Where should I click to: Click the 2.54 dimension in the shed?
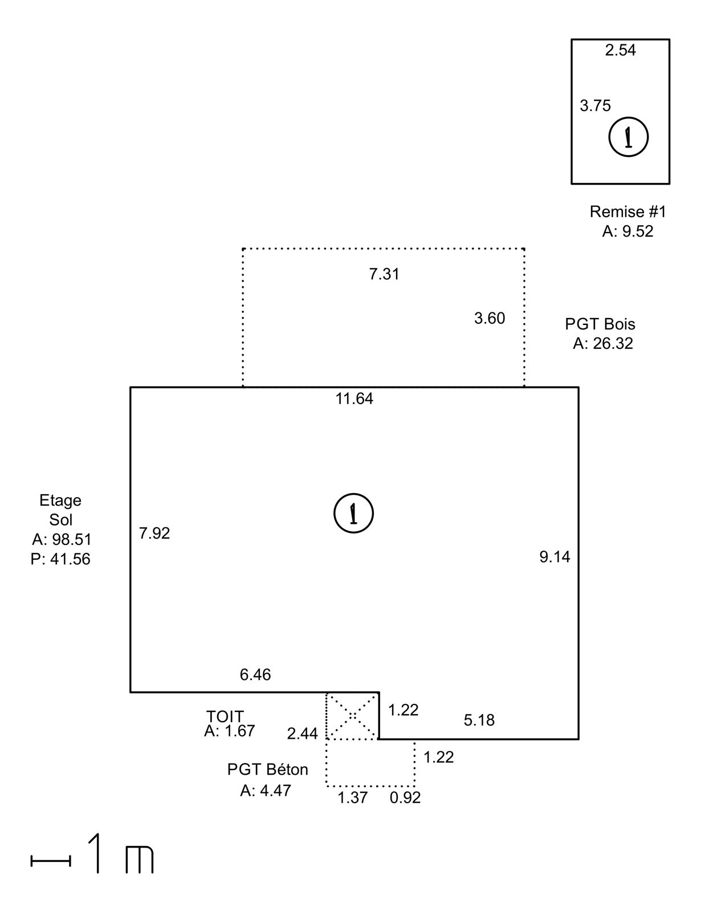point(620,50)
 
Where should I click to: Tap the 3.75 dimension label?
point(595,105)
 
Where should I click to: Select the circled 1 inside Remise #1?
point(629,137)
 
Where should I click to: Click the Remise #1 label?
point(627,211)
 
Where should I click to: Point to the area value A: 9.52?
point(627,231)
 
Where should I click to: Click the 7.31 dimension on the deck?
point(384,274)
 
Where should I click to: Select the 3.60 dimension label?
point(490,318)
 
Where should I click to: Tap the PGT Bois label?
point(600,324)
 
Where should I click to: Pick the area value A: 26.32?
point(603,343)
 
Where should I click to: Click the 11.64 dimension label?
point(354,398)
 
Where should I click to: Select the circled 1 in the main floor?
point(354,513)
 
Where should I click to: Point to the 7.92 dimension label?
point(154,533)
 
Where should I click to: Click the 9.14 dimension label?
point(555,557)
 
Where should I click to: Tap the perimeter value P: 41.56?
point(60,559)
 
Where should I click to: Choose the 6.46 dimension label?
point(255,674)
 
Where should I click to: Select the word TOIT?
point(225,715)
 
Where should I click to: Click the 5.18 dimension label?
point(479,720)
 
